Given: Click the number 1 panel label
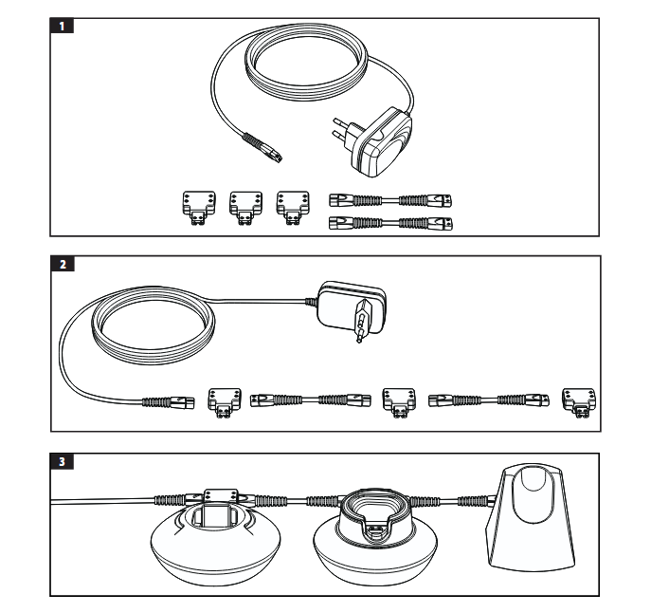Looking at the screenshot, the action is click(x=62, y=26).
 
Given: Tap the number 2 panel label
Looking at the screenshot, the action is click(x=63, y=264).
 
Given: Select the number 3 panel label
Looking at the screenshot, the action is click(x=62, y=461).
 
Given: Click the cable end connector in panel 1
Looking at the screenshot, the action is click(x=262, y=148).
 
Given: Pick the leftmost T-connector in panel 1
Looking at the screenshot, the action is click(x=199, y=208).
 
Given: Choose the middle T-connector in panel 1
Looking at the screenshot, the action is click(x=245, y=208).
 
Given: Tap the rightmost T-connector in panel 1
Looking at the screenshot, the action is click(x=293, y=208).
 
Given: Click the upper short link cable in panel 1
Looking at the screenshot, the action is click(x=390, y=201).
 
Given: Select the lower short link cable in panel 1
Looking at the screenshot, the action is click(x=390, y=223).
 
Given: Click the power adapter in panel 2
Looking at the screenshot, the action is click(x=351, y=307).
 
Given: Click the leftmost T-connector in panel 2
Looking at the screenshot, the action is click(x=225, y=402).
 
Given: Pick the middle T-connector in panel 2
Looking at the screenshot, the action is click(x=399, y=402).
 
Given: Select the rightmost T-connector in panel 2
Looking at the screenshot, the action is click(x=579, y=402).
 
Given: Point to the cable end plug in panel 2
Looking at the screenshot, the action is click(x=168, y=402).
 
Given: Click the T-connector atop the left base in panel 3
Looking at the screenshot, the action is click(x=221, y=497).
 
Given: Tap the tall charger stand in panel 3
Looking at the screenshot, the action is click(x=531, y=518).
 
